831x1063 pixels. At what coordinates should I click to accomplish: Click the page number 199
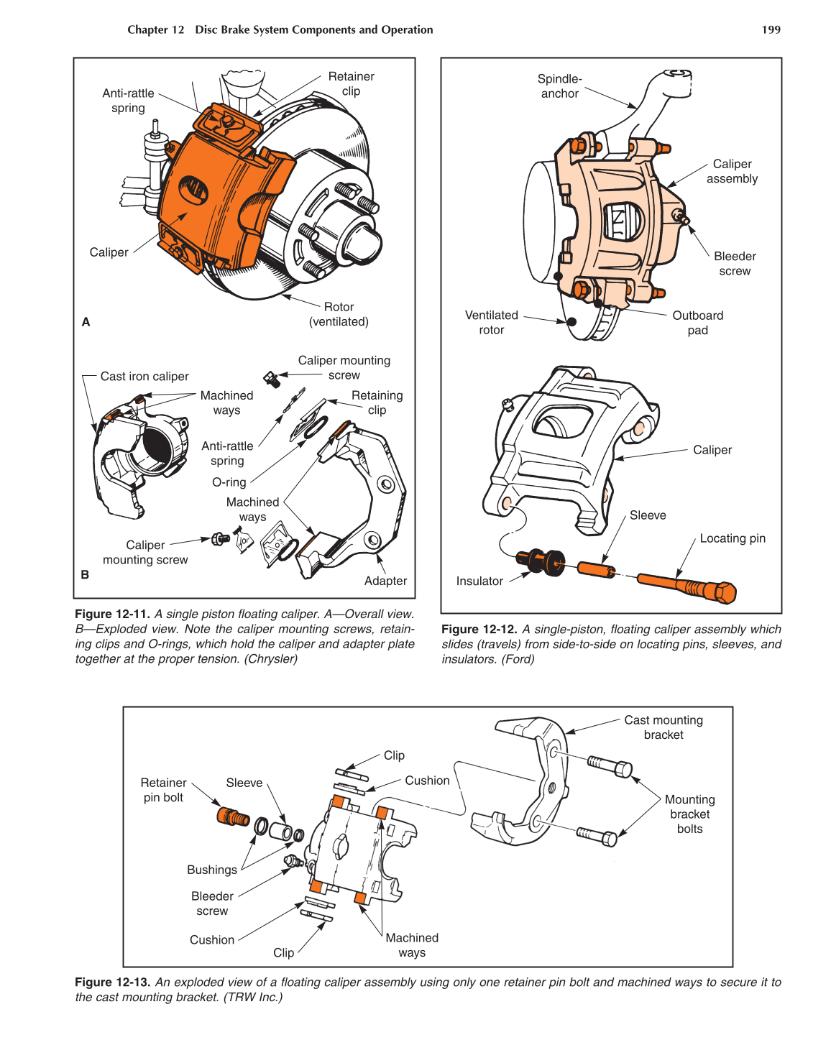click(x=771, y=29)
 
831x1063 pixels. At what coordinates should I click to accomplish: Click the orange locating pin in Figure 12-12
click(x=687, y=586)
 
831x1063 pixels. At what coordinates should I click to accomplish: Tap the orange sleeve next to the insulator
click(x=596, y=570)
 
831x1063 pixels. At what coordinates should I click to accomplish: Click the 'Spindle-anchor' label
click(x=559, y=86)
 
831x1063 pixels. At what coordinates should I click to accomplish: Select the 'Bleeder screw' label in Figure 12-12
click(x=734, y=264)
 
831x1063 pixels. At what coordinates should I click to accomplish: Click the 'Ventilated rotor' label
click(x=491, y=323)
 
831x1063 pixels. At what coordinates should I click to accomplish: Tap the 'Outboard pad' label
click(x=697, y=323)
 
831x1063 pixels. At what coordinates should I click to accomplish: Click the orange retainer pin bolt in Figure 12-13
click(x=233, y=817)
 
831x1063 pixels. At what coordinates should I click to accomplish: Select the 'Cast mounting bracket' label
click(x=663, y=727)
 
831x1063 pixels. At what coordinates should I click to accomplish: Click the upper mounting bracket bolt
click(x=610, y=766)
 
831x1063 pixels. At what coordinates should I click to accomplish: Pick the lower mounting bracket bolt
click(x=597, y=835)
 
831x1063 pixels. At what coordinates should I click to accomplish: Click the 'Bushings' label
click(x=211, y=870)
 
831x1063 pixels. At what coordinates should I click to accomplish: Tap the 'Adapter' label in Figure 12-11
click(x=385, y=581)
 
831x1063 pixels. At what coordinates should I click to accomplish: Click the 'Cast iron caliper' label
click(x=144, y=376)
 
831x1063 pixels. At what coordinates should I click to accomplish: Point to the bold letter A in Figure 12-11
click(x=86, y=322)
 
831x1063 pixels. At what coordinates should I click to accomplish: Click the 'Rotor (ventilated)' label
click(x=339, y=314)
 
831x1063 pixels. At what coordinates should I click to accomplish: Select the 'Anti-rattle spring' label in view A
click(x=128, y=101)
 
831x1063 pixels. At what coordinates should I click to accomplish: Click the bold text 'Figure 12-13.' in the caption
click(x=112, y=982)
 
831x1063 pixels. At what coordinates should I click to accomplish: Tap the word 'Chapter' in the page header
click(x=147, y=29)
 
